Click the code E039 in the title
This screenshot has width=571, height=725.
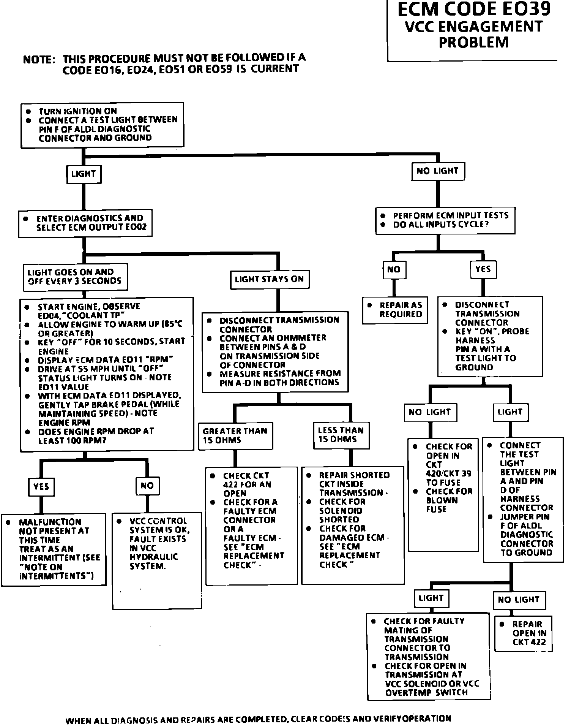pyautogui.click(x=524, y=9)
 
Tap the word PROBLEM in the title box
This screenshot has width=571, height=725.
pyautogui.click(x=474, y=42)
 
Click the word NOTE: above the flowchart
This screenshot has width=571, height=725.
pyautogui.click(x=39, y=60)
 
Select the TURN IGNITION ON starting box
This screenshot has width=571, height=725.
pyautogui.click(x=102, y=125)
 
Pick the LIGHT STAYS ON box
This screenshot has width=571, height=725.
pyautogui.click(x=270, y=280)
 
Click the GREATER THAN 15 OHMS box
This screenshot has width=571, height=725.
pyautogui.click(x=235, y=435)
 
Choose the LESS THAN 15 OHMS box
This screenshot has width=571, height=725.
pyautogui.click(x=341, y=435)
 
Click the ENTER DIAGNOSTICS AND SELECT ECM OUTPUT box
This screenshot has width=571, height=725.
pyautogui.click(x=85, y=223)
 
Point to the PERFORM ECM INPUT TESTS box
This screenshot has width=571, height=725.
pyautogui.click(x=445, y=220)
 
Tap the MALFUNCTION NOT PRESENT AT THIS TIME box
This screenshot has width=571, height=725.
pyautogui.click(x=54, y=549)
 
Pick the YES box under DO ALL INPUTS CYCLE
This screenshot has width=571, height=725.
pyautogui.click(x=483, y=269)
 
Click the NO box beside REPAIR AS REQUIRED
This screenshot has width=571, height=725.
pyautogui.click(x=394, y=269)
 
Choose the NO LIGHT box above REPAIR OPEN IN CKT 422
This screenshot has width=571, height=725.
pyautogui.click(x=519, y=600)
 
